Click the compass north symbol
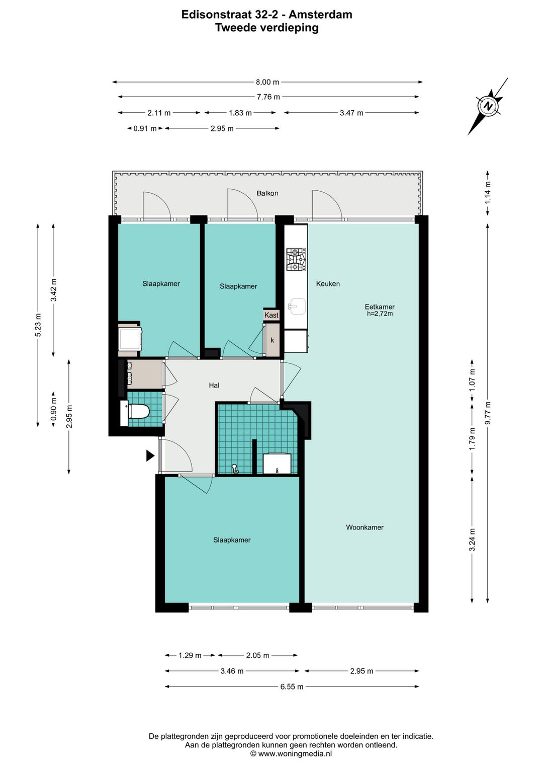coord(488,106)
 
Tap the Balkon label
coord(267,193)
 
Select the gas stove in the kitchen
coord(296,260)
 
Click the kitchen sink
coord(297,306)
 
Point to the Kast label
coord(271,315)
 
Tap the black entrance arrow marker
coord(150,455)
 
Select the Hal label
coord(214,386)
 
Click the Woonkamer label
coord(365,527)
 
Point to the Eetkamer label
coord(380,307)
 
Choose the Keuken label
coord(328,283)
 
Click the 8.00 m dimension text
coord(267,82)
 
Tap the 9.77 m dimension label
coord(488,413)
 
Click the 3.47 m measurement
coord(351,113)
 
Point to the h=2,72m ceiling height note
coord(380,314)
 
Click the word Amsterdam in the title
coord(320,15)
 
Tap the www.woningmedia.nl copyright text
coord(291,753)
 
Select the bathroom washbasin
coord(277,464)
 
